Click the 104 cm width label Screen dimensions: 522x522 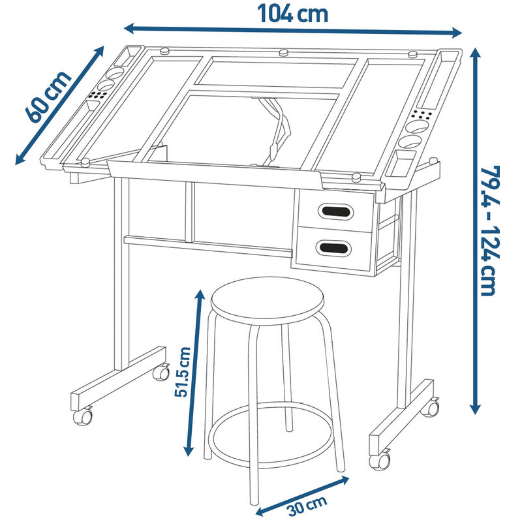(x=293, y=14)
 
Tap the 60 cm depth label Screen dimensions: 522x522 (x=48, y=97)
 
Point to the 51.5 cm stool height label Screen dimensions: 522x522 (x=183, y=372)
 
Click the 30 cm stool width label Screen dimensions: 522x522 (x=307, y=504)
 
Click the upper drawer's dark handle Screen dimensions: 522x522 (x=335, y=211)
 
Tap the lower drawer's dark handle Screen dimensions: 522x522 (x=333, y=248)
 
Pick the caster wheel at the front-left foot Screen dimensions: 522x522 (x=83, y=416)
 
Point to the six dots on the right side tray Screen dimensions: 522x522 (x=422, y=115)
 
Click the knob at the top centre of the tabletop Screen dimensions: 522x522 (x=284, y=53)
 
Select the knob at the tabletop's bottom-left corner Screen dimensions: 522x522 (x=85, y=162)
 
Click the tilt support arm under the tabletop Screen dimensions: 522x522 (x=275, y=129)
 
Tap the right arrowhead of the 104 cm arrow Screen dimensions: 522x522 (x=457, y=33)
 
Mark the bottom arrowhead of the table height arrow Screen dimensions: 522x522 (x=475, y=408)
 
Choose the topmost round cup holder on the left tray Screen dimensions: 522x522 (x=115, y=73)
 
